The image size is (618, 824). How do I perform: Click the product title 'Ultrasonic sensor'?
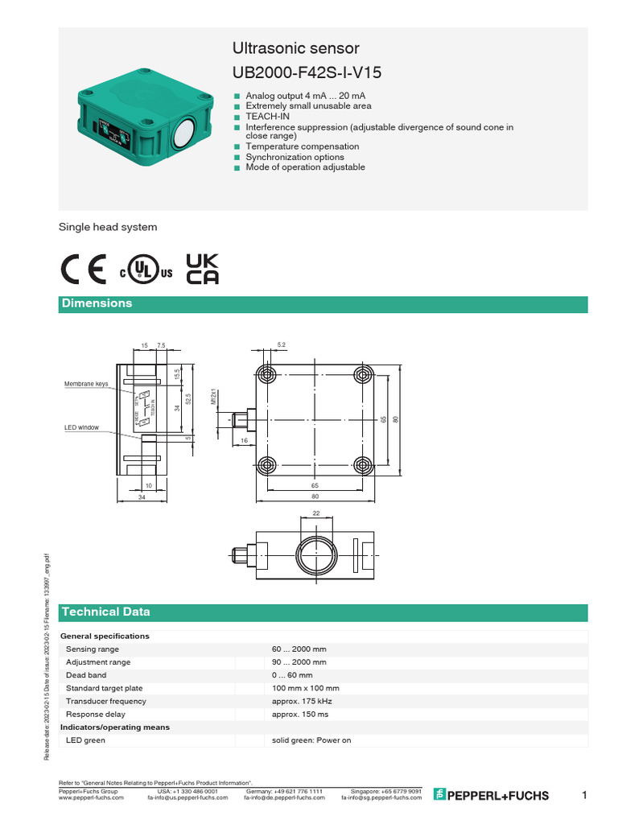[295, 48]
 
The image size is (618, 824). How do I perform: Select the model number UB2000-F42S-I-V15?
[307, 73]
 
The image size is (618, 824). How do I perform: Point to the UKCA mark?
[202, 270]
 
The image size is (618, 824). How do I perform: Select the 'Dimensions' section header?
[97, 303]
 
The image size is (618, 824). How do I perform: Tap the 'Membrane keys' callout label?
[86, 384]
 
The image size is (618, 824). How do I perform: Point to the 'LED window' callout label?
[81, 427]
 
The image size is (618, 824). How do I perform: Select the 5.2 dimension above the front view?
[282, 344]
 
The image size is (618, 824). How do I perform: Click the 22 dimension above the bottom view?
[316, 513]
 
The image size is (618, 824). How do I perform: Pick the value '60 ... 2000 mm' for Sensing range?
[299, 649]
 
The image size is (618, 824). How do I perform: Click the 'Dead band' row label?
[86, 675]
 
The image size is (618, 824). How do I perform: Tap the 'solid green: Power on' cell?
[311, 740]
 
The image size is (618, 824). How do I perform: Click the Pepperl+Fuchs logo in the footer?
[492, 795]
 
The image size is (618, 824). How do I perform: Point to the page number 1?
[584, 795]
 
